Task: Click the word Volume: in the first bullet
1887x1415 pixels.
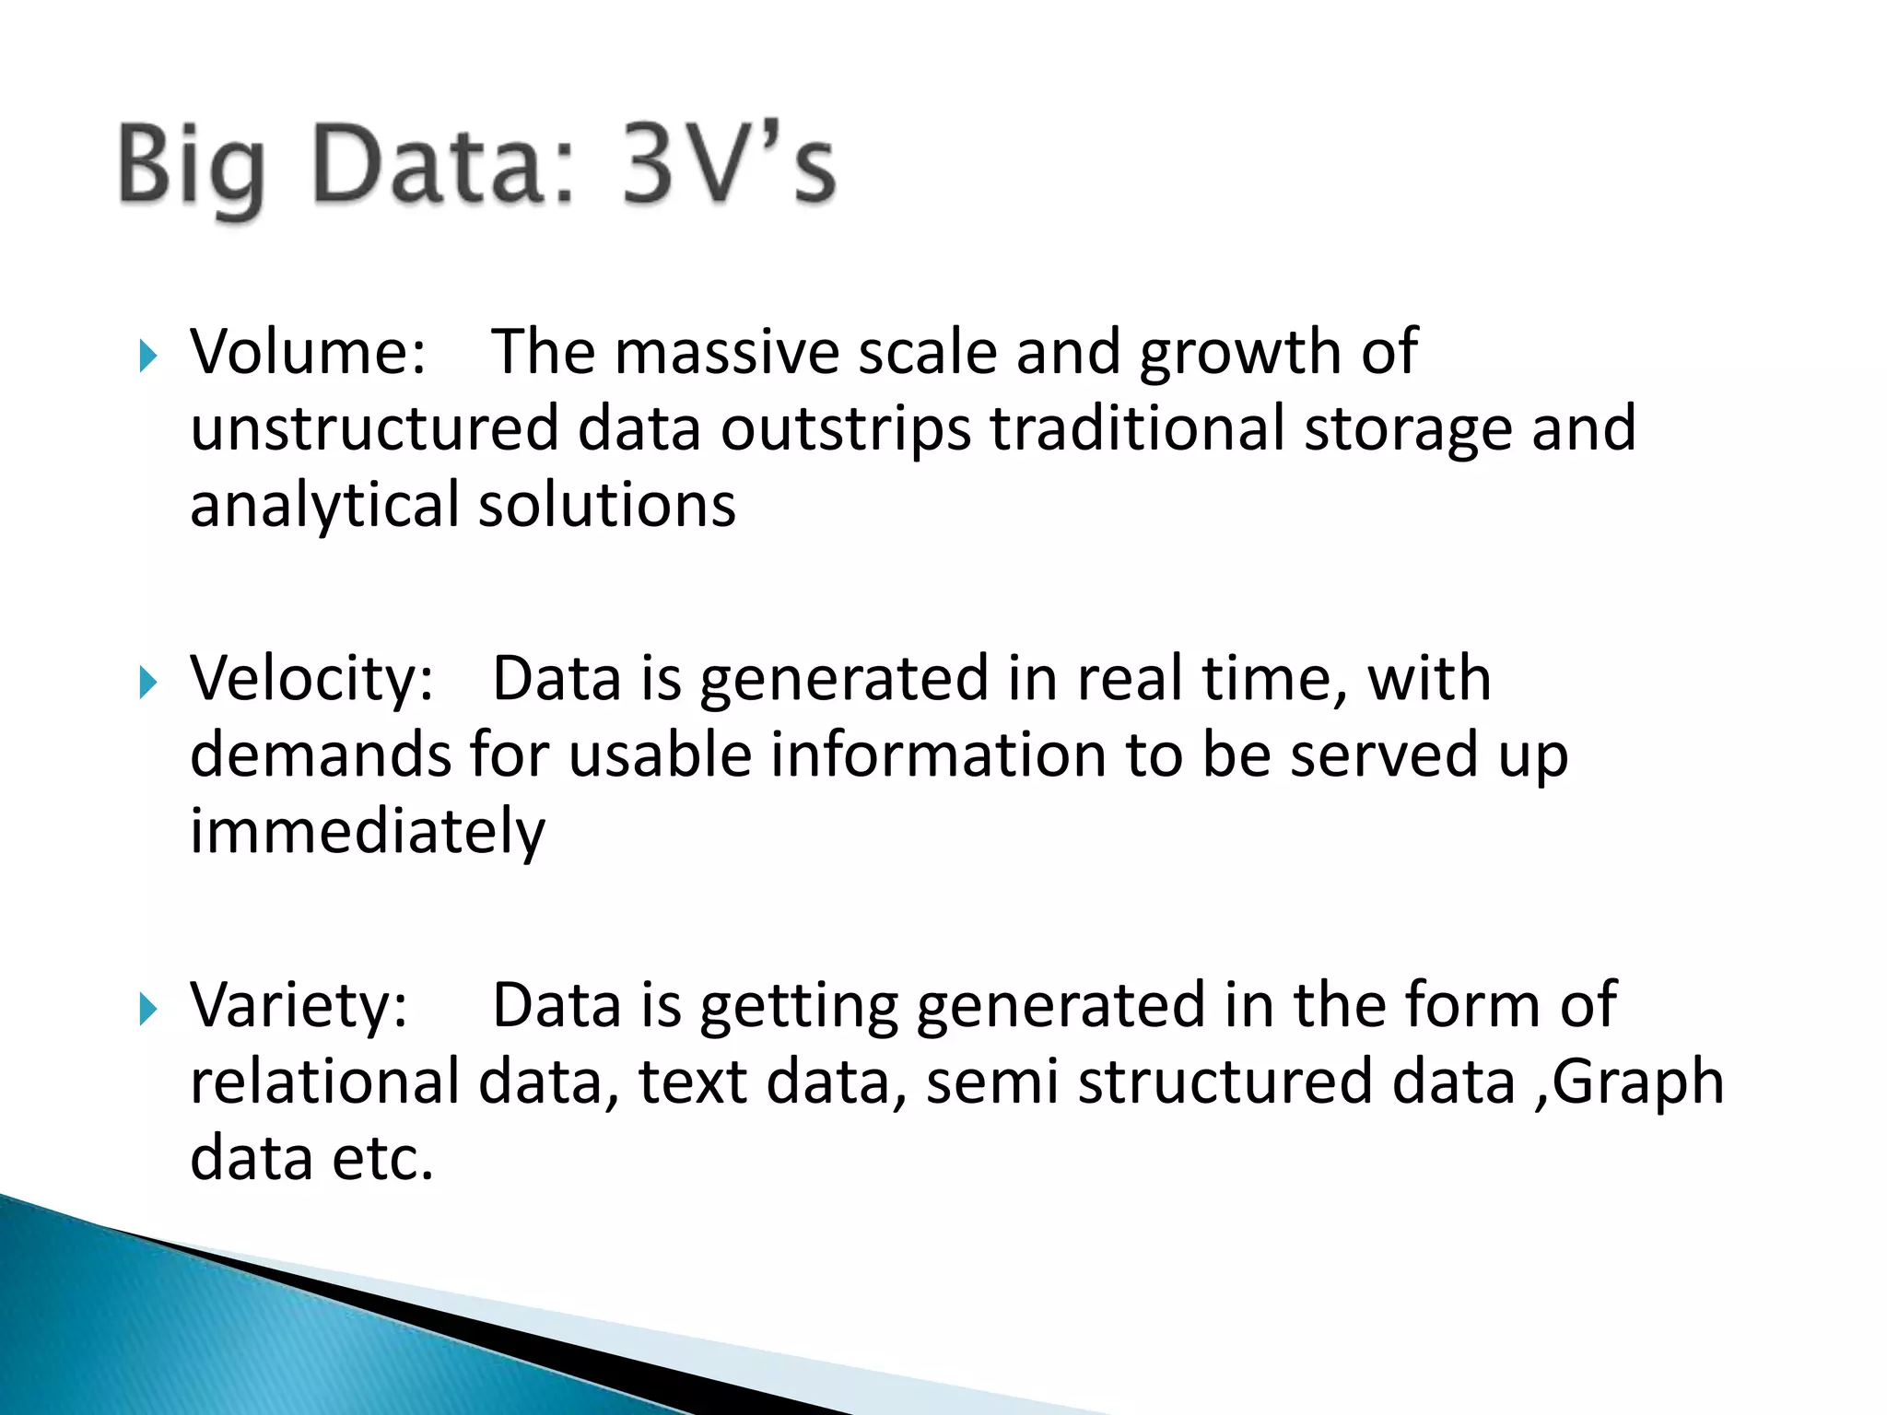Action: point(308,352)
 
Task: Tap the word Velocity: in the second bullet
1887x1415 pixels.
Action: point(311,679)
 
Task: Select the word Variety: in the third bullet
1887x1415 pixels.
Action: point(299,1005)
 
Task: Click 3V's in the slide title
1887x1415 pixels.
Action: point(728,166)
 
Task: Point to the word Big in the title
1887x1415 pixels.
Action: point(192,166)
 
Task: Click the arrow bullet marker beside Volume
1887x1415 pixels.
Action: point(147,356)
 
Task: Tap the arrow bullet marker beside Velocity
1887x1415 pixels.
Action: point(147,683)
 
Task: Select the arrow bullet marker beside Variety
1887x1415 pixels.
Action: point(147,1009)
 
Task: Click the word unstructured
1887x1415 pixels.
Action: point(374,429)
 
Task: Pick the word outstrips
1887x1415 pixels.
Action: point(845,429)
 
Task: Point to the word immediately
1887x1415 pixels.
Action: point(367,832)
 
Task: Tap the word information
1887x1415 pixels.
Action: point(937,755)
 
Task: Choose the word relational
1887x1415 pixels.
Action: point(324,1082)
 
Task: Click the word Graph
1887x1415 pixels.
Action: point(1638,1082)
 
